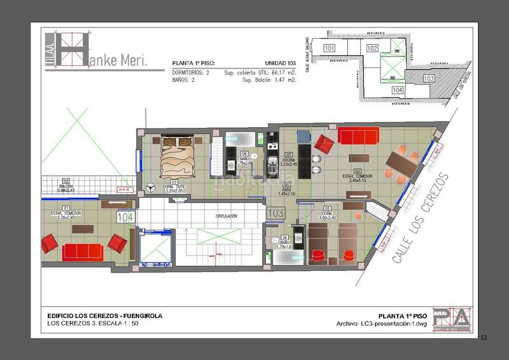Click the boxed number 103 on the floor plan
(x=276, y=212)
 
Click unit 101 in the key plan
(x=330, y=48)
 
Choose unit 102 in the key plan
(x=373, y=48)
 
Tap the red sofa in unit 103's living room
(x=358, y=136)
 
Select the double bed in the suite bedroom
(x=176, y=158)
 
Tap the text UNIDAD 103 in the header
(x=281, y=64)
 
